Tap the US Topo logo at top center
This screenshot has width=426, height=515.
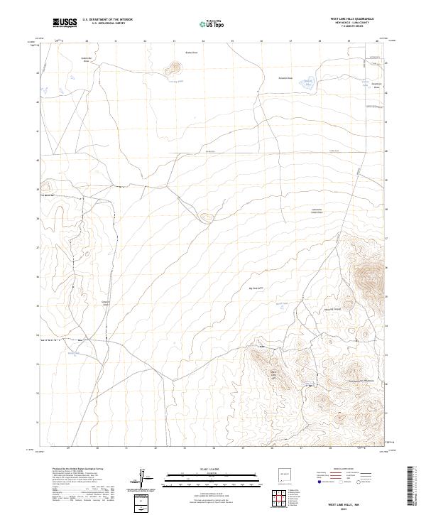click(x=213, y=23)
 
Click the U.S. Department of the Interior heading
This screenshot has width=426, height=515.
click(x=107, y=20)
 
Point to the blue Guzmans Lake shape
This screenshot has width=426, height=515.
click(x=307, y=84)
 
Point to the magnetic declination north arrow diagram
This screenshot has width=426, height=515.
click(x=145, y=478)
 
